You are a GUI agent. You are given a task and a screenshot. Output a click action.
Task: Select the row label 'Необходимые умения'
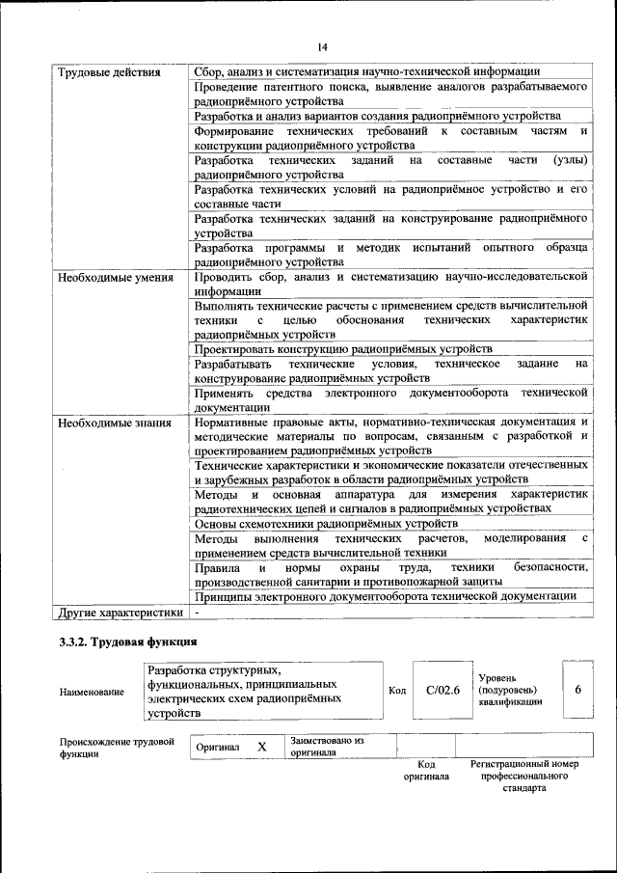tap(115, 278)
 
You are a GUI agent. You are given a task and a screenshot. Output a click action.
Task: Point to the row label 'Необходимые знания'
tap(115, 422)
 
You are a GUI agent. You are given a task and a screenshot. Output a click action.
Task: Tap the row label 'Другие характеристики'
tap(121, 612)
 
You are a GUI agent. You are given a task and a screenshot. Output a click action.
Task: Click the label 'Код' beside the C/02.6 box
tap(396, 691)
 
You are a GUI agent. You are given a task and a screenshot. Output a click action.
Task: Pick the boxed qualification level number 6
tap(577, 690)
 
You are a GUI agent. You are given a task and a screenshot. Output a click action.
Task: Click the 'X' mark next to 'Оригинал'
tap(261, 747)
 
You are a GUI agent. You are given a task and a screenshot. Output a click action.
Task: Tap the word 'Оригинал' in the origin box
tap(218, 748)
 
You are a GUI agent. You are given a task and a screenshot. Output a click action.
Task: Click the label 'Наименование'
tap(92, 692)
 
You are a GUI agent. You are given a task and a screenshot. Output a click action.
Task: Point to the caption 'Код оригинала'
tap(427, 770)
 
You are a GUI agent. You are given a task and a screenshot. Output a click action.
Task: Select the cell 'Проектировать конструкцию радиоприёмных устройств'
tap(343, 348)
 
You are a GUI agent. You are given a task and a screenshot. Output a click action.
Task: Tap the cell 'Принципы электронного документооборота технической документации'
tap(386, 596)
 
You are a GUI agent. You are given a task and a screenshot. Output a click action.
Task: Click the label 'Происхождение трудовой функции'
tap(116, 748)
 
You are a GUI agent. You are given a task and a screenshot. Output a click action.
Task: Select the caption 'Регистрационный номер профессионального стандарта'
tap(523, 776)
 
